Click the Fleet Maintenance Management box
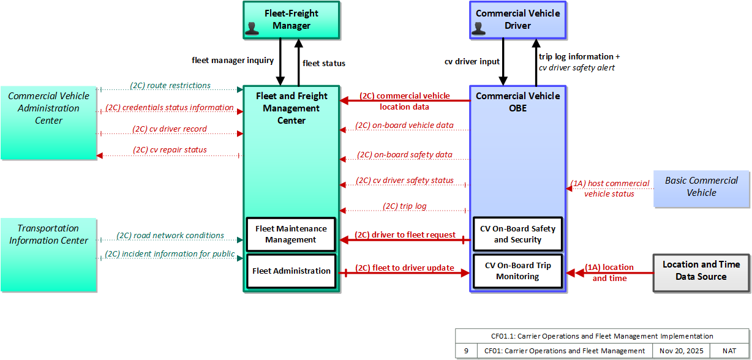291,234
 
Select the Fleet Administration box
291,271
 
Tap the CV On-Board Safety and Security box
517,234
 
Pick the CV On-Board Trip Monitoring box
517,271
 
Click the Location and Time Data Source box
701,273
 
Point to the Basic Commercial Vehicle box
701,189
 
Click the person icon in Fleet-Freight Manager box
252,29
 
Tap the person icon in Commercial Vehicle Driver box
478,29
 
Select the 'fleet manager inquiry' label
233,61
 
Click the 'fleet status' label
324,64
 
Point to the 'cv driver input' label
472,62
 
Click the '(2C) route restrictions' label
170,86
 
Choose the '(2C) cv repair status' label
170,149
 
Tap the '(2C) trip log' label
405,206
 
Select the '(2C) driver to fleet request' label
405,235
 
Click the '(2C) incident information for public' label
170,254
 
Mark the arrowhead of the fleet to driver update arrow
465,273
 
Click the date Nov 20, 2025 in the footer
681,351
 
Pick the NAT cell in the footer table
729,351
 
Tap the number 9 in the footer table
466,351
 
